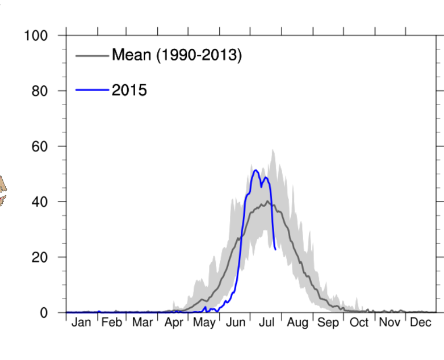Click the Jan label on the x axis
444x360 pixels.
tap(81, 323)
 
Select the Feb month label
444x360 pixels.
tap(111, 323)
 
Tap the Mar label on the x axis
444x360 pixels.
tap(142, 323)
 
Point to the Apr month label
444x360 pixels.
tap(173, 323)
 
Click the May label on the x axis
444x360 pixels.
tap(204, 323)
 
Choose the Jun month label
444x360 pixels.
tap(235, 323)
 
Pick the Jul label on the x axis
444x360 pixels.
tap(266, 323)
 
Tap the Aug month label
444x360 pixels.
tap(297, 323)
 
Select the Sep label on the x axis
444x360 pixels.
tap(328, 323)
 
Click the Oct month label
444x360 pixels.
tap(359, 323)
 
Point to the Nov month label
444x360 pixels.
tap(389, 323)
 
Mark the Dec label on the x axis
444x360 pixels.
tap(421, 323)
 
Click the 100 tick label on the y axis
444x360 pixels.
tap(36, 36)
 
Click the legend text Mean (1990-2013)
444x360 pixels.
tap(177, 55)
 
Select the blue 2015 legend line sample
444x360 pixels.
tap(91, 90)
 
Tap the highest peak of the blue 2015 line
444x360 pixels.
tap(255, 170)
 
